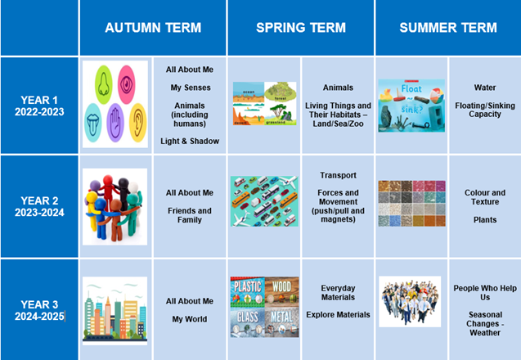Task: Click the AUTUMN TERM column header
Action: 153,28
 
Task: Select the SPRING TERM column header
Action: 301,28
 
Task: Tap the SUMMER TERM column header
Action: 448,28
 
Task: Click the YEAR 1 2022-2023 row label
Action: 39,106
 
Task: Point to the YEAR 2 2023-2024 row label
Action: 39,206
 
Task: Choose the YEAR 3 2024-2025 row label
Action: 39,310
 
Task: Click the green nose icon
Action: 103,85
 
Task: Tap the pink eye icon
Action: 126,84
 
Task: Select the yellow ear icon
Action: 138,123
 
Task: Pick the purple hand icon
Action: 115,123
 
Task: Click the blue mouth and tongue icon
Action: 92,123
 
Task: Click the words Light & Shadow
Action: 190,142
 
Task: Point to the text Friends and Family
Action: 190,215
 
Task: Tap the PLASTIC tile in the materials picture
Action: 248,292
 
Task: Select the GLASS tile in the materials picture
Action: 248,322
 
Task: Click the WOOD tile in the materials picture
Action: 281,292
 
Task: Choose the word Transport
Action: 339,175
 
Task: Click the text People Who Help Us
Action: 485,293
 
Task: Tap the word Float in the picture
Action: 411,88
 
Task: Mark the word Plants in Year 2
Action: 485,220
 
